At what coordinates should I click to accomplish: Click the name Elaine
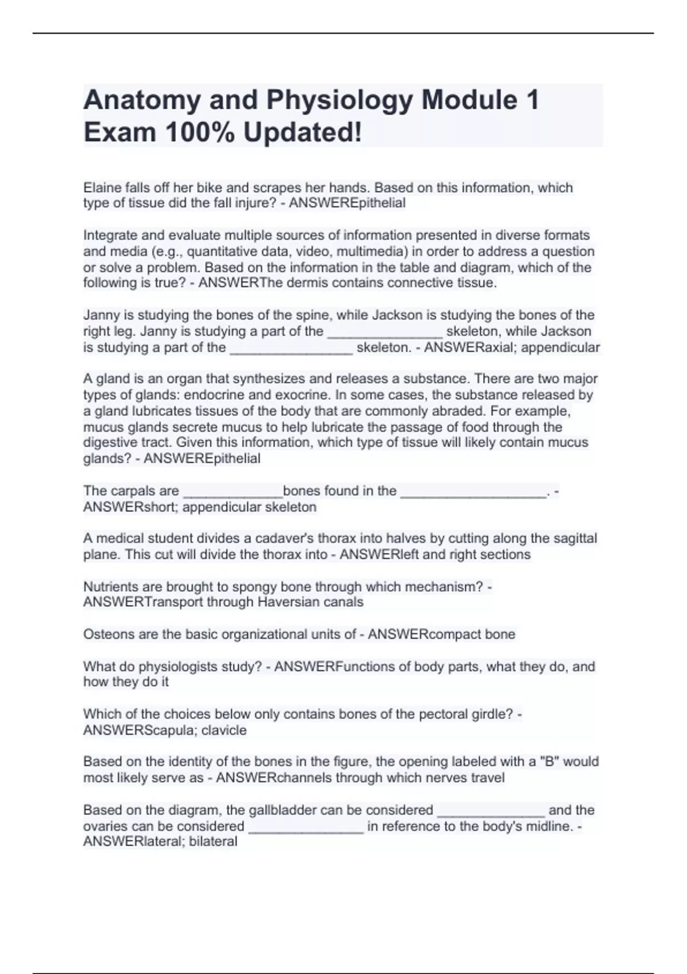tap(102, 188)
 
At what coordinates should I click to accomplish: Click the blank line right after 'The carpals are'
tap(232, 492)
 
